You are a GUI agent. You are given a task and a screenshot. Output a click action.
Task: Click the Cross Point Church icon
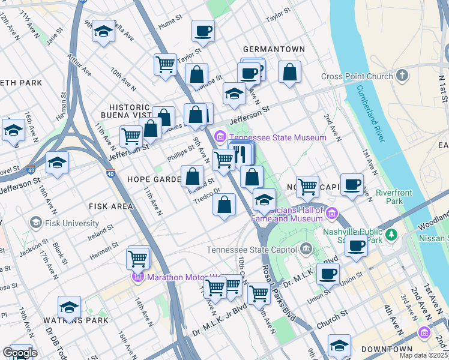tap(402, 76)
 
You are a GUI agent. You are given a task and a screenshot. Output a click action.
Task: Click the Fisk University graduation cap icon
tap(35, 223)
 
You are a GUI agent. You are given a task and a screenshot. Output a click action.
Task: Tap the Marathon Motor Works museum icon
tap(137, 277)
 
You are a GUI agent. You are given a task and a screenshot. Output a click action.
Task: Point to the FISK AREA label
tap(110, 206)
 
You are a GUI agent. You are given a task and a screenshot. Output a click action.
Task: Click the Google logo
tap(20, 353)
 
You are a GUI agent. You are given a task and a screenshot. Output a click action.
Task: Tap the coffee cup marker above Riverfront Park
tap(352, 184)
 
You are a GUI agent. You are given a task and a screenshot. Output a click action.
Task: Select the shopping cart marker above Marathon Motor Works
tap(138, 259)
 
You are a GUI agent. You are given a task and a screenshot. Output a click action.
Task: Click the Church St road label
tap(332, 324)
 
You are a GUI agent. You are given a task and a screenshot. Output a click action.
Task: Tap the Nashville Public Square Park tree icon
tap(392, 233)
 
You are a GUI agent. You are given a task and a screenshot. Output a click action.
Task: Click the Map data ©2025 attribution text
tap(424, 355)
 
